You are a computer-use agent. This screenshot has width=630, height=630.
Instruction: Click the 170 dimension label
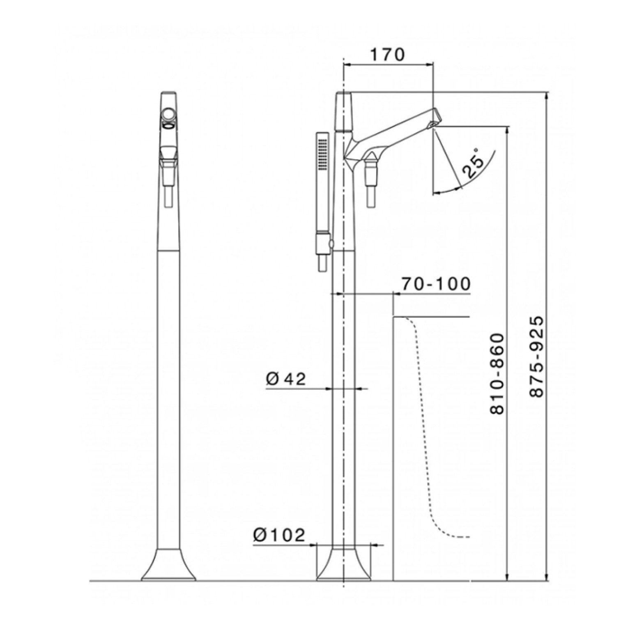point(387,55)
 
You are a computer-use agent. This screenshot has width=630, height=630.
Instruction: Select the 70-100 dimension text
point(435,283)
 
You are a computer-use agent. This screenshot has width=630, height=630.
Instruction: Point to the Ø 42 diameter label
point(286,379)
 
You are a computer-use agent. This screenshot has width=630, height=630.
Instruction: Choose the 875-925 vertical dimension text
point(536,356)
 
